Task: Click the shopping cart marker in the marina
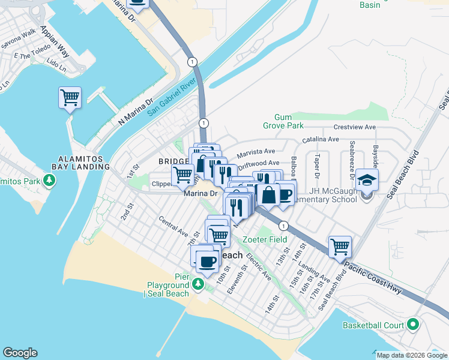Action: tap(70, 97)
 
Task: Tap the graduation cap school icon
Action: tap(366, 179)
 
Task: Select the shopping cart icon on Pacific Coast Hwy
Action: tap(340, 245)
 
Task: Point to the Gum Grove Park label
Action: tap(283, 121)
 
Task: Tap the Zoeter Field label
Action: tap(265, 239)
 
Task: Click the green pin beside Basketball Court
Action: tap(412, 325)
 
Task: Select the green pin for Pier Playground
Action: tap(197, 283)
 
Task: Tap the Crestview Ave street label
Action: tap(354, 127)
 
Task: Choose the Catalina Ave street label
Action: tap(321, 139)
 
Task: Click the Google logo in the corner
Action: tap(20, 353)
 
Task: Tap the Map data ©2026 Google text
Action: tap(412, 355)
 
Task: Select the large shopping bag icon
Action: tap(268, 195)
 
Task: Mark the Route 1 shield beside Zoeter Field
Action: tap(283, 226)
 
